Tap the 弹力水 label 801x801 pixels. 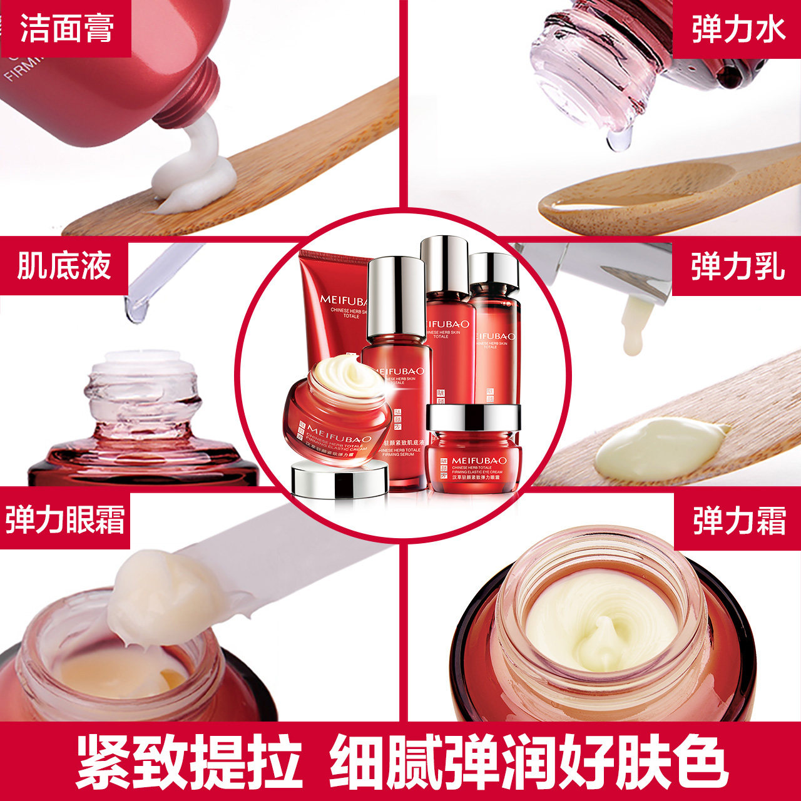click(738, 29)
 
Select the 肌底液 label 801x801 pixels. click(64, 265)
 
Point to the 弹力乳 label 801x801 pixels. click(737, 267)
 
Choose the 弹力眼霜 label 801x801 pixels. click(65, 520)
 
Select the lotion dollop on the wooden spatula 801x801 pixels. click(657, 448)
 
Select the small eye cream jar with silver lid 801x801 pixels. click(472, 447)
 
